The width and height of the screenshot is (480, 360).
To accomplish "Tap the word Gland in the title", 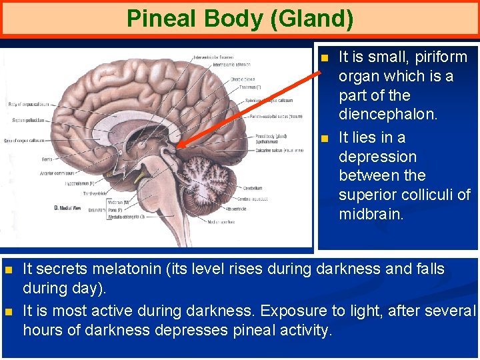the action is pos(311,18).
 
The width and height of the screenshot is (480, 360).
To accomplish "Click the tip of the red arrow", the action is pos(180,145).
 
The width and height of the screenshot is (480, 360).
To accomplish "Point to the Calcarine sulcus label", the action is pos(280,151).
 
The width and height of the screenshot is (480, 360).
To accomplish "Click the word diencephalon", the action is pos(388,115).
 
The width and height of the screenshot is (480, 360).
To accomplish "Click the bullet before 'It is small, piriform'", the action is pos(325,59).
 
